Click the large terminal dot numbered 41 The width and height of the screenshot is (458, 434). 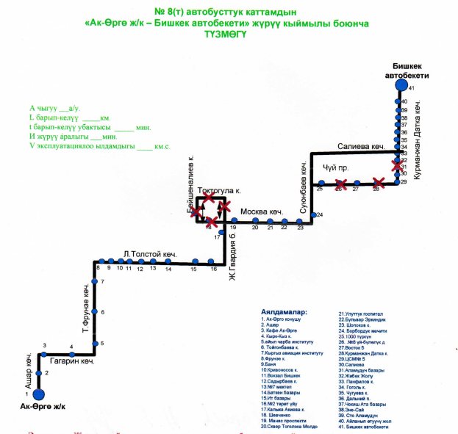[x=401, y=86]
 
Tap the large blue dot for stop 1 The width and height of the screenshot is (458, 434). [x=37, y=394]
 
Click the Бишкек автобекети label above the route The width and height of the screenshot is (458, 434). [x=407, y=70]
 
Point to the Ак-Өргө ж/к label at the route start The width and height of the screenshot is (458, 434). [x=43, y=408]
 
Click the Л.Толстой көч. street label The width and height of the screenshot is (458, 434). [x=151, y=253]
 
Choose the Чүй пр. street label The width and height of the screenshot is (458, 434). [x=334, y=167]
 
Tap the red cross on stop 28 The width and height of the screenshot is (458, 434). [x=378, y=182]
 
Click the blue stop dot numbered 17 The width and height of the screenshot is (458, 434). [x=221, y=233]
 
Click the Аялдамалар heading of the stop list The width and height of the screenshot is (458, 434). [x=289, y=311]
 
